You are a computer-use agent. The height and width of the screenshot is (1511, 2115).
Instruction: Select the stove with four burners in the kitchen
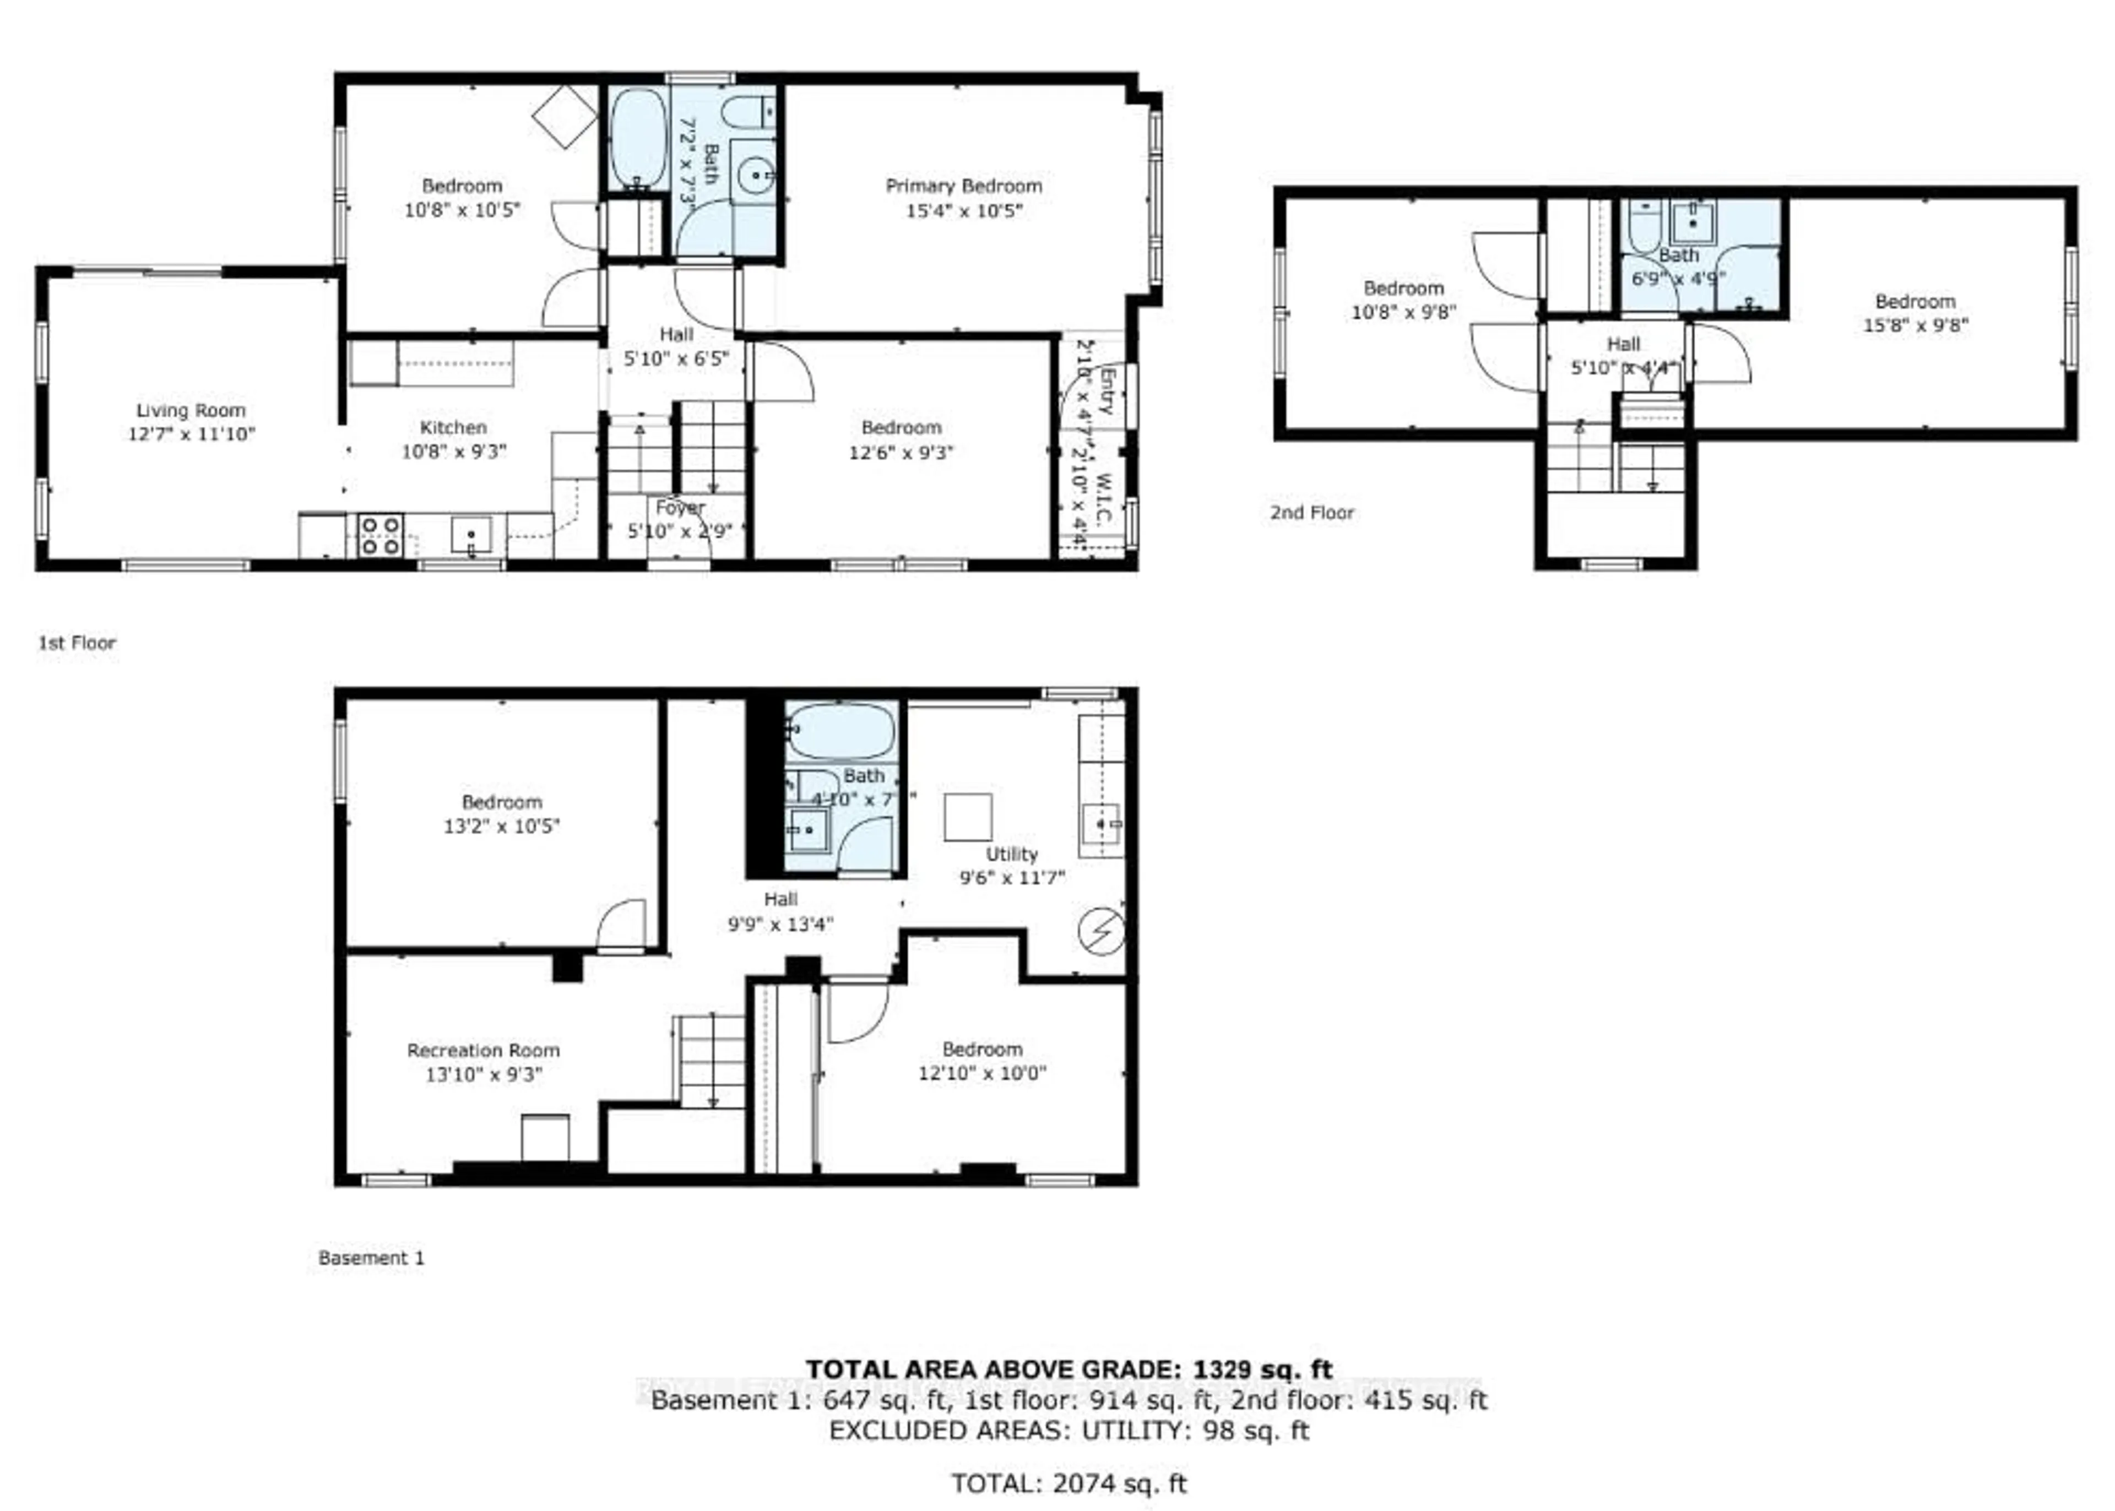click(381, 535)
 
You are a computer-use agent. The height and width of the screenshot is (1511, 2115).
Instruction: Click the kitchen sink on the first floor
click(471, 535)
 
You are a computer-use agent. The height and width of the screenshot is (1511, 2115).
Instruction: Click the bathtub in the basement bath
click(840, 730)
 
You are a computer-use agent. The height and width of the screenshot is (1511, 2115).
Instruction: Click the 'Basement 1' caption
click(370, 1258)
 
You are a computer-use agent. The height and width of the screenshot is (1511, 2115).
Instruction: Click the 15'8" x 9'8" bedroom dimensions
click(1915, 325)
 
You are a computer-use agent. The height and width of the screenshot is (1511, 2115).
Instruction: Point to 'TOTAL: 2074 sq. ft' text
click(1068, 1483)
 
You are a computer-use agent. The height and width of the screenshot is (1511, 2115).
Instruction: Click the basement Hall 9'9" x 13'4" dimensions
click(780, 924)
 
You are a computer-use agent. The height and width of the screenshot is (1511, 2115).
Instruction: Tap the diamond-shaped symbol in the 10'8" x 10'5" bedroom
click(564, 116)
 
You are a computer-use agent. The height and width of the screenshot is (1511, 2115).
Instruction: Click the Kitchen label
click(453, 428)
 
